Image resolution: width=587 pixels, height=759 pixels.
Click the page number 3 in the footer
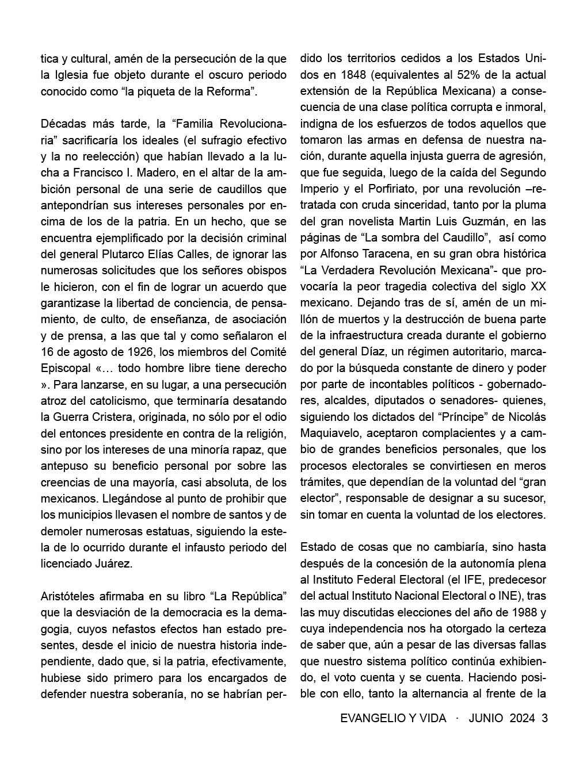pyautogui.click(x=544, y=718)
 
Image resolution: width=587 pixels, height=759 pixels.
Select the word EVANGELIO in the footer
pyautogui.click(x=371, y=718)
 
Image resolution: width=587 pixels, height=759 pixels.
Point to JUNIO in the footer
pyautogui.click(x=485, y=718)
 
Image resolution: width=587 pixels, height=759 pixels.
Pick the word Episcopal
pyautogui.click(x=65, y=368)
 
